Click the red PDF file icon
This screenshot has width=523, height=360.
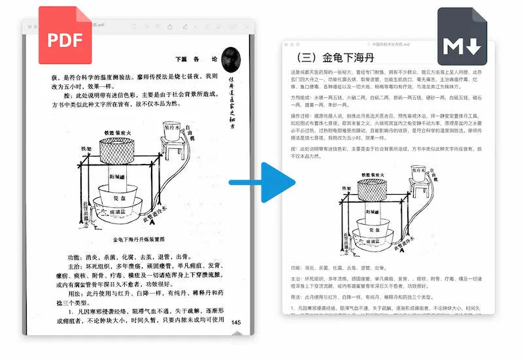click(65, 37)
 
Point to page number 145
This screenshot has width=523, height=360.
click(236, 321)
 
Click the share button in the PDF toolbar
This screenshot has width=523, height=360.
click(170, 27)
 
